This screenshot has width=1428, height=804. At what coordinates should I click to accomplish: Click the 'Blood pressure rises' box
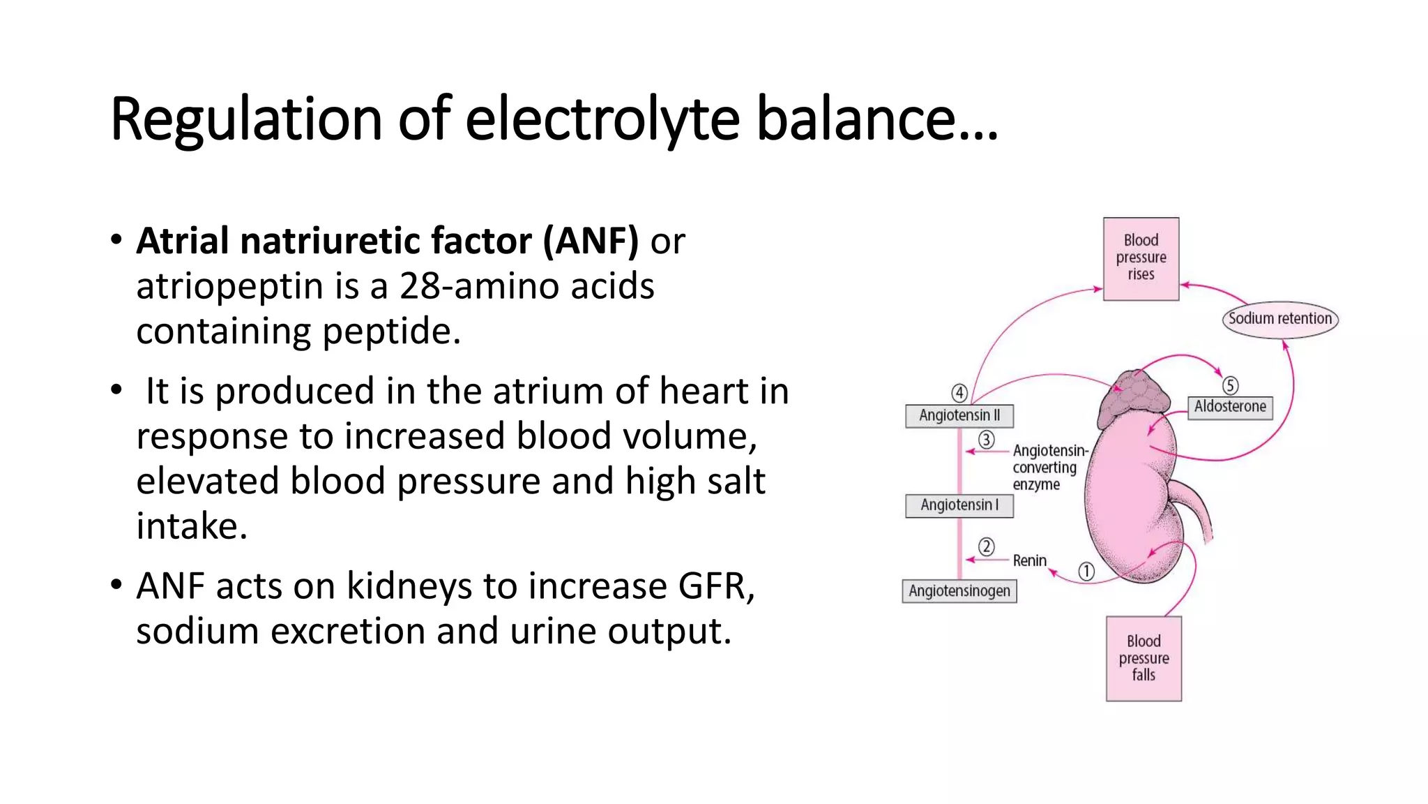pyautogui.click(x=1141, y=259)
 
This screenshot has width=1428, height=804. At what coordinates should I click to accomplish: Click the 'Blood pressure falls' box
pyautogui.click(x=1144, y=658)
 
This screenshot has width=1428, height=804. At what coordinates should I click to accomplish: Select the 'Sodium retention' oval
pyautogui.click(x=1279, y=319)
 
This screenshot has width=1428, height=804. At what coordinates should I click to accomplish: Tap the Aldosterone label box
pyautogui.click(x=1230, y=407)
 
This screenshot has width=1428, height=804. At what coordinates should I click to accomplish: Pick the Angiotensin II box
pyautogui.click(x=959, y=415)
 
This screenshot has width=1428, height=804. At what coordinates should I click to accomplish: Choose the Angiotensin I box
pyautogui.click(x=959, y=505)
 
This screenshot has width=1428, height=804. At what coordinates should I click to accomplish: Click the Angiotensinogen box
pyautogui.click(x=959, y=591)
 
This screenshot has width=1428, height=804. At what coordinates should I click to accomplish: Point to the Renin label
pyautogui.click(x=1029, y=560)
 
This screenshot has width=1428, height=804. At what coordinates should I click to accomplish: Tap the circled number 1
pyautogui.click(x=1086, y=572)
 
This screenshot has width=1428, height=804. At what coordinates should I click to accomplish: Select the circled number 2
pyautogui.click(x=986, y=546)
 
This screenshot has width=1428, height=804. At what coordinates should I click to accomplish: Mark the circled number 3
pyautogui.click(x=986, y=440)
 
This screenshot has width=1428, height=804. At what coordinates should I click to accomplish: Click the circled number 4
pyautogui.click(x=959, y=393)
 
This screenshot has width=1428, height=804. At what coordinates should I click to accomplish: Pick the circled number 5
pyautogui.click(x=1230, y=385)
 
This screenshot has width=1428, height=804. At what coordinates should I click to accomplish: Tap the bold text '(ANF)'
pyautogui.click(x=591, y=241)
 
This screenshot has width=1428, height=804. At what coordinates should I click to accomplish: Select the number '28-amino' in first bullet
pyautogui.click(x=480, y=286)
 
